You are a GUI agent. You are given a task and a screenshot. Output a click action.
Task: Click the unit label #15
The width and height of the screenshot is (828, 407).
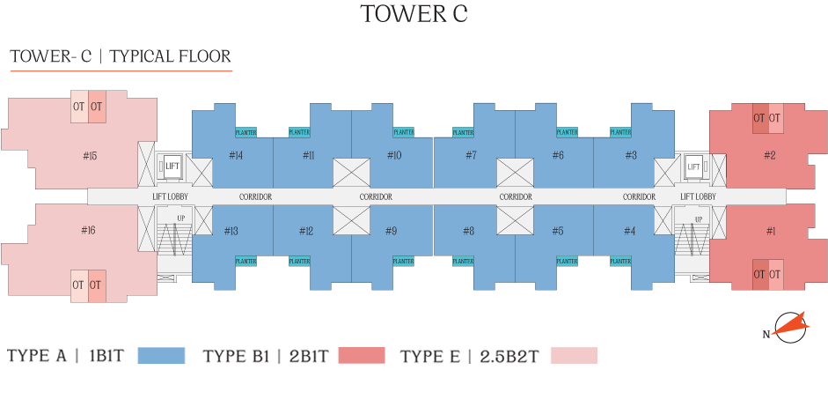coord(89,156)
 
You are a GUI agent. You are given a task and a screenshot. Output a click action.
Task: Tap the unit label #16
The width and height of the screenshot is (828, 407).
coord(88,230)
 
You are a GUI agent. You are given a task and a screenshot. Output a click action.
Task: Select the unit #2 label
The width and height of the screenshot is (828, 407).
coord(769,156)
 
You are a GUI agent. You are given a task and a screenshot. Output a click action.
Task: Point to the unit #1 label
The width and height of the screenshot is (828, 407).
coord(771,231)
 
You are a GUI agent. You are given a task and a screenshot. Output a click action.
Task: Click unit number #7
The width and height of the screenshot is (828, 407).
coord(471,156)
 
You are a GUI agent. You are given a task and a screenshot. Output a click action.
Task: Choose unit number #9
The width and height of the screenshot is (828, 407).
coord(391,231)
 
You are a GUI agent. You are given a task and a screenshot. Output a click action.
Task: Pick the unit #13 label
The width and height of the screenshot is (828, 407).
coord(231,231)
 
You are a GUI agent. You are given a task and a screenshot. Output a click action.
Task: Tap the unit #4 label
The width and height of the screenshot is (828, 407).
coord(630,231)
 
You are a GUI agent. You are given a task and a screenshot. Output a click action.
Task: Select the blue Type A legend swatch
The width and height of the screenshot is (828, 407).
coord(162,356)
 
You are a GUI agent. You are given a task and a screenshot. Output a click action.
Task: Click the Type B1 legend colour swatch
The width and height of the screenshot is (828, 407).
coord(361,356)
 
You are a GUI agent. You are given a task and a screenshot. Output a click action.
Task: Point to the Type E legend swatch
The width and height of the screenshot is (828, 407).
coord(573,356)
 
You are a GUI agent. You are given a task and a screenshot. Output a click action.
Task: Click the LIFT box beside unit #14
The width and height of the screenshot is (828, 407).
coord(172,165)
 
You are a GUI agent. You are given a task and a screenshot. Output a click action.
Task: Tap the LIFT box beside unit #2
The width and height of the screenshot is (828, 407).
coord(693,166)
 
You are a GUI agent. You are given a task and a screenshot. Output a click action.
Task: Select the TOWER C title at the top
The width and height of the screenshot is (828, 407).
coord(414,14)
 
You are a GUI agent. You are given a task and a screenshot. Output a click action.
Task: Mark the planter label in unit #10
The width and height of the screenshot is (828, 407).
coord(404,132)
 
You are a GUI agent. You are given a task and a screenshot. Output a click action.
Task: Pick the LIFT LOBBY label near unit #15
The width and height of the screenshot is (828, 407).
coord(170,196)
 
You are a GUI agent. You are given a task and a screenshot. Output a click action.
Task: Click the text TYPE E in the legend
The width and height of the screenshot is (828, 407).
coord(429,357)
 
